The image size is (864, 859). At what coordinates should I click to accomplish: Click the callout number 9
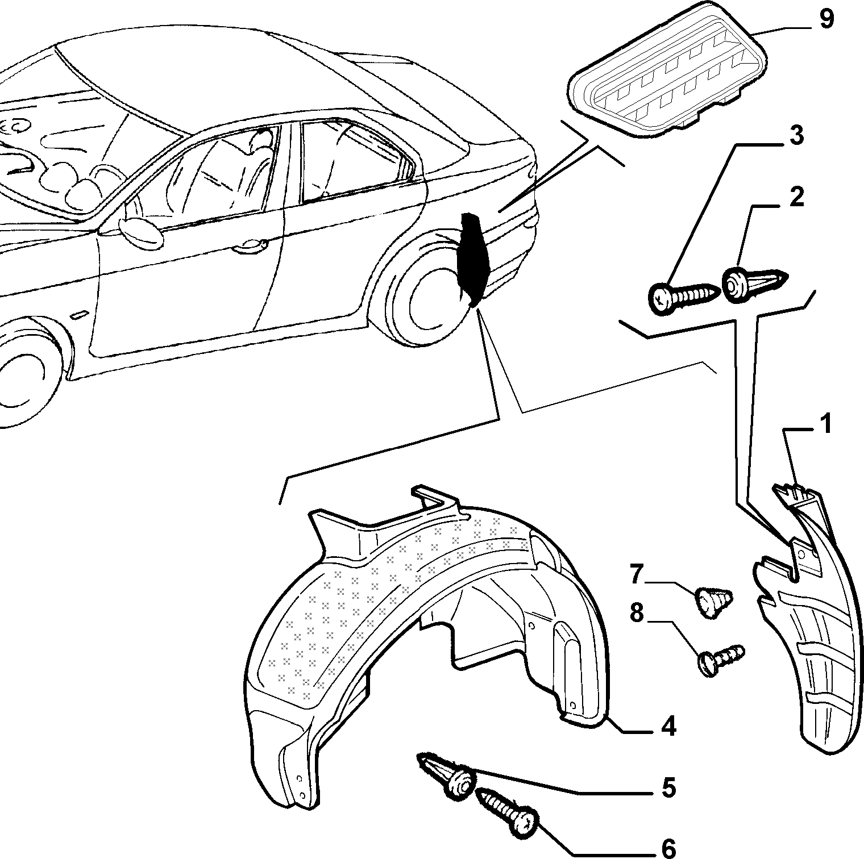click(826, 19)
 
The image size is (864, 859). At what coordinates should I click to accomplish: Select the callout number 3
click(797, 136)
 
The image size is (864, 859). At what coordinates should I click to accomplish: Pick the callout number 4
click(669, 726)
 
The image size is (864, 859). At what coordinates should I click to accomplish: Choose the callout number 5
click(669, 788)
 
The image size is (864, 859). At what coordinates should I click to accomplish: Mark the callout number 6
click(669, 849)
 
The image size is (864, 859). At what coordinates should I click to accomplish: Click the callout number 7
click(636, 573)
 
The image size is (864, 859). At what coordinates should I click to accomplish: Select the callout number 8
click(636, 614)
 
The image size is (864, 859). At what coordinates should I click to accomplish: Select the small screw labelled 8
click(720, 660)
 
